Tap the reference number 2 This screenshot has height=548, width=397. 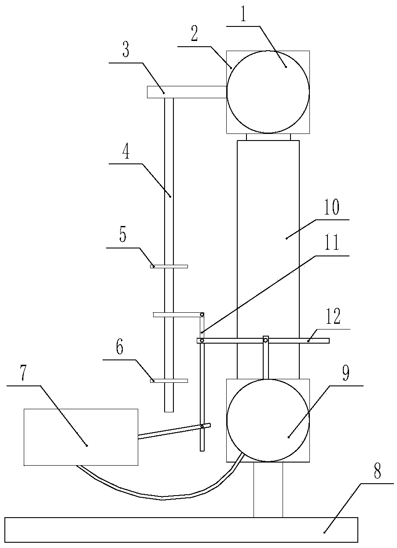195,34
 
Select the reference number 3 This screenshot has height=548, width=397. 125,50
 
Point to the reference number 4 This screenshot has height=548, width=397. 126,151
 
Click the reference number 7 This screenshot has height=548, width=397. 23,373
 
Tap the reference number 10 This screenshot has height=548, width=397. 332,207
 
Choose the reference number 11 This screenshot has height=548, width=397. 332,242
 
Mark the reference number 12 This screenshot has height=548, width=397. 333,316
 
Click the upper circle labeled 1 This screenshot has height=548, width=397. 268,92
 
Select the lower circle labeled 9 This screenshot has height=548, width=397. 268,420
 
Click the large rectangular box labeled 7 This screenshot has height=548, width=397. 81,437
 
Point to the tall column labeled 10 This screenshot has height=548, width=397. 268,259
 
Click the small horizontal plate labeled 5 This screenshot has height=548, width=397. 169,267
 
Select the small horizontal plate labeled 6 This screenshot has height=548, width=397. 169,381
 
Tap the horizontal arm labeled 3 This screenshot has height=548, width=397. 187,92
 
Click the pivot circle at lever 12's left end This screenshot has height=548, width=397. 202,341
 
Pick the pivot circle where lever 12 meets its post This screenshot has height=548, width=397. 265,341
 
